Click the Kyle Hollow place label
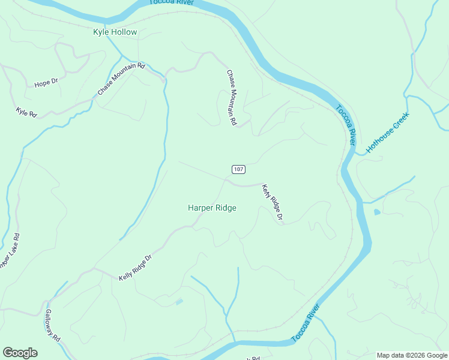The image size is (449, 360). pos(115,32)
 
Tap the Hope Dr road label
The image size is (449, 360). pos(46,83)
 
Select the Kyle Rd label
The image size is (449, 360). pos(26,112)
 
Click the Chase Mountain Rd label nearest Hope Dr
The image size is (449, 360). pos(121,79)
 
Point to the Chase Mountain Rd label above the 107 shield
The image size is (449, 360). pos(231,97)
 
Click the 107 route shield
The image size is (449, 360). pos(238,170)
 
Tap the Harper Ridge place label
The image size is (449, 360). pos(212,208)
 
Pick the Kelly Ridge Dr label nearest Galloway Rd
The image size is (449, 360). pos(136,268)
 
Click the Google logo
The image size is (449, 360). pos(20,353)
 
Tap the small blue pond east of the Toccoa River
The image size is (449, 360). pos(376,212)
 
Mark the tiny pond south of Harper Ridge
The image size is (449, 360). pos(179,302)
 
